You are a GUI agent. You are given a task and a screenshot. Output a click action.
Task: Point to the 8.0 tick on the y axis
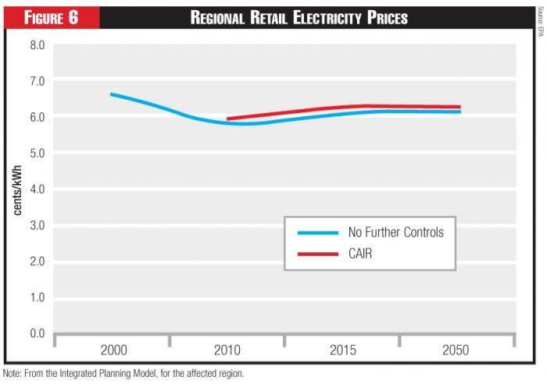coord(38,45)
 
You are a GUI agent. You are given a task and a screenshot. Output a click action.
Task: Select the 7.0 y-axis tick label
coord(38,81)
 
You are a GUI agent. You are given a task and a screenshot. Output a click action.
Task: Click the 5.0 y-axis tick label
coord(38,154)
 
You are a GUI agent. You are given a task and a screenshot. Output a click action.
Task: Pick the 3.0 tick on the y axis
coord(38,226)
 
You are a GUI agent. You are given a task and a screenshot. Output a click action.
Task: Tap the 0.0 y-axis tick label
coord(38,334)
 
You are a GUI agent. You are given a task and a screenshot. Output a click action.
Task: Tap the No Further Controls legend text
coord(395,233)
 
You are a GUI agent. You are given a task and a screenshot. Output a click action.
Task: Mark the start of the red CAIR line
coord(227,119)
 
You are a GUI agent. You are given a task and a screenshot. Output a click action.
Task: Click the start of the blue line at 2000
coord(111,94)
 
